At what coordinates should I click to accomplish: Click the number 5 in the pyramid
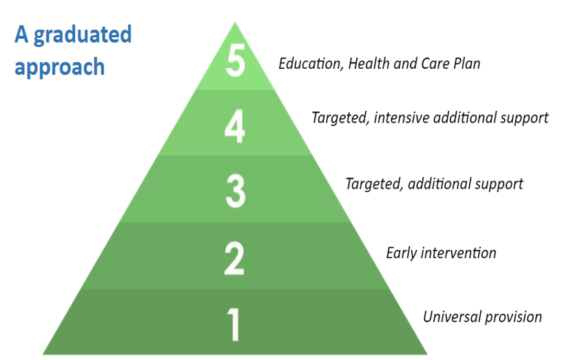(x=236, y=61)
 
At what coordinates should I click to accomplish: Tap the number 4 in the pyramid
(x=234, y=127)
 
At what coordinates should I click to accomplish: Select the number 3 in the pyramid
(x=236, y=191)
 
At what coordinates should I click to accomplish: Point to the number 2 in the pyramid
(x=234, y=258)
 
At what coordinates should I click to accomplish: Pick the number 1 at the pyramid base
(x=234, y=324)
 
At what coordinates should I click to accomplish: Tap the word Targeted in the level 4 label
(x=340, y=118)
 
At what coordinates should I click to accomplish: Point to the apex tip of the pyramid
(x=235, y=22)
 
